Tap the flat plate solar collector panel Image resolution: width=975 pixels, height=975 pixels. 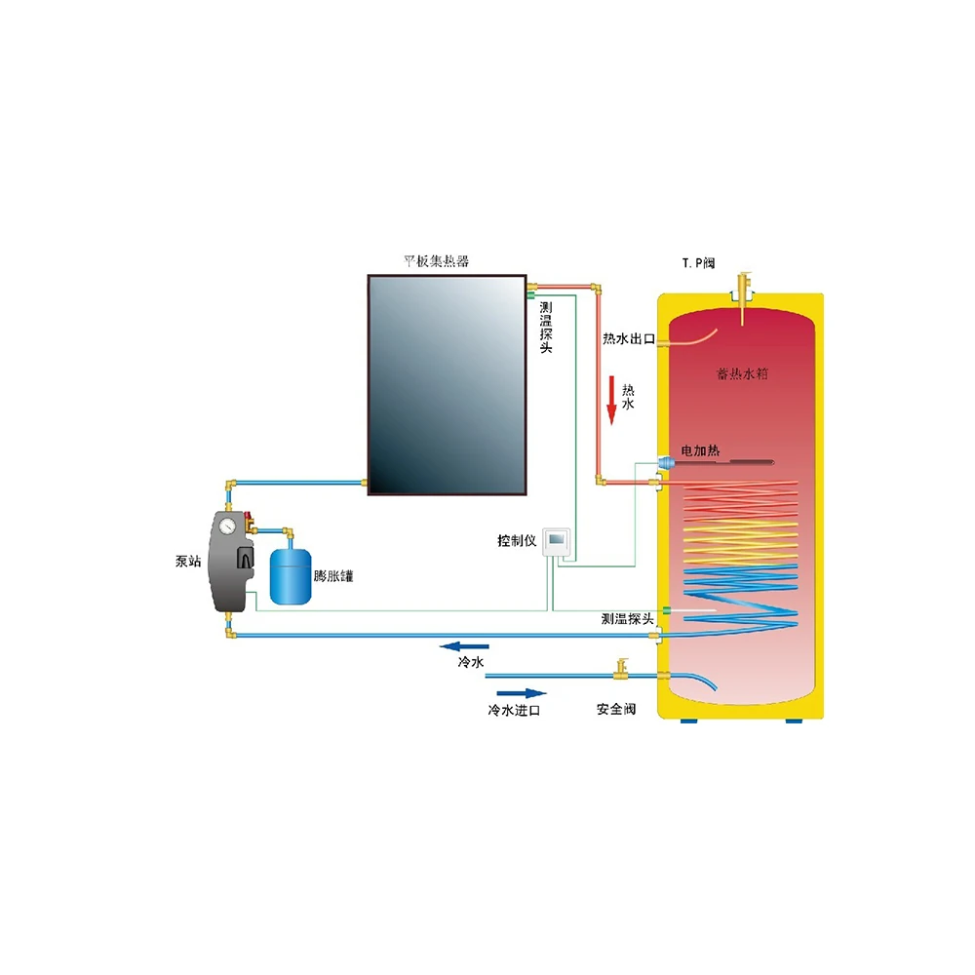pyautogui.click(x=446, y=384)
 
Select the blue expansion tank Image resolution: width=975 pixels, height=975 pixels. pyautogui.click(x=290, y=573)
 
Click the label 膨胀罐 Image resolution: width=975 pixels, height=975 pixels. pyautogui.click(x=333, y=576)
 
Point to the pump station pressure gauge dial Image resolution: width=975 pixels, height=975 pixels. pyautogui.click(x=226, y=526)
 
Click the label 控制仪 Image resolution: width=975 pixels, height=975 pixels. pyautogui.click(x=517, y=541)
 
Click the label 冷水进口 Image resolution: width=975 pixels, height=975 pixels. pyautogui.click(x=514, y=711)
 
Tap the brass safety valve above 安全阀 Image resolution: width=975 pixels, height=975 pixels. pyautogui.click(x=619, y=668)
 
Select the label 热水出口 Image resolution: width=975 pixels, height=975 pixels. pyautogui.click(x=628, y=339)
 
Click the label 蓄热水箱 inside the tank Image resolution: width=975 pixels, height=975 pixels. pyautogui.click(x=742, y=375)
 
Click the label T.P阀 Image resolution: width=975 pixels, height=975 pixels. pyautogui.click(x=699, y=263)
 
